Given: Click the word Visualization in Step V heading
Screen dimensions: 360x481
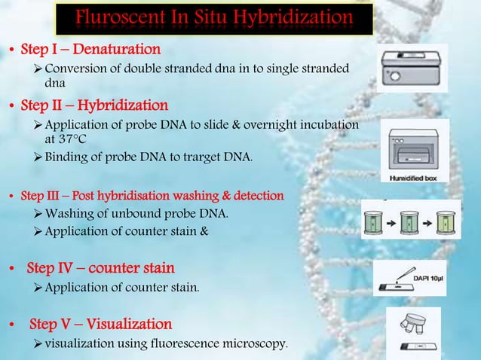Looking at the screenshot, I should (x=129, y=325).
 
